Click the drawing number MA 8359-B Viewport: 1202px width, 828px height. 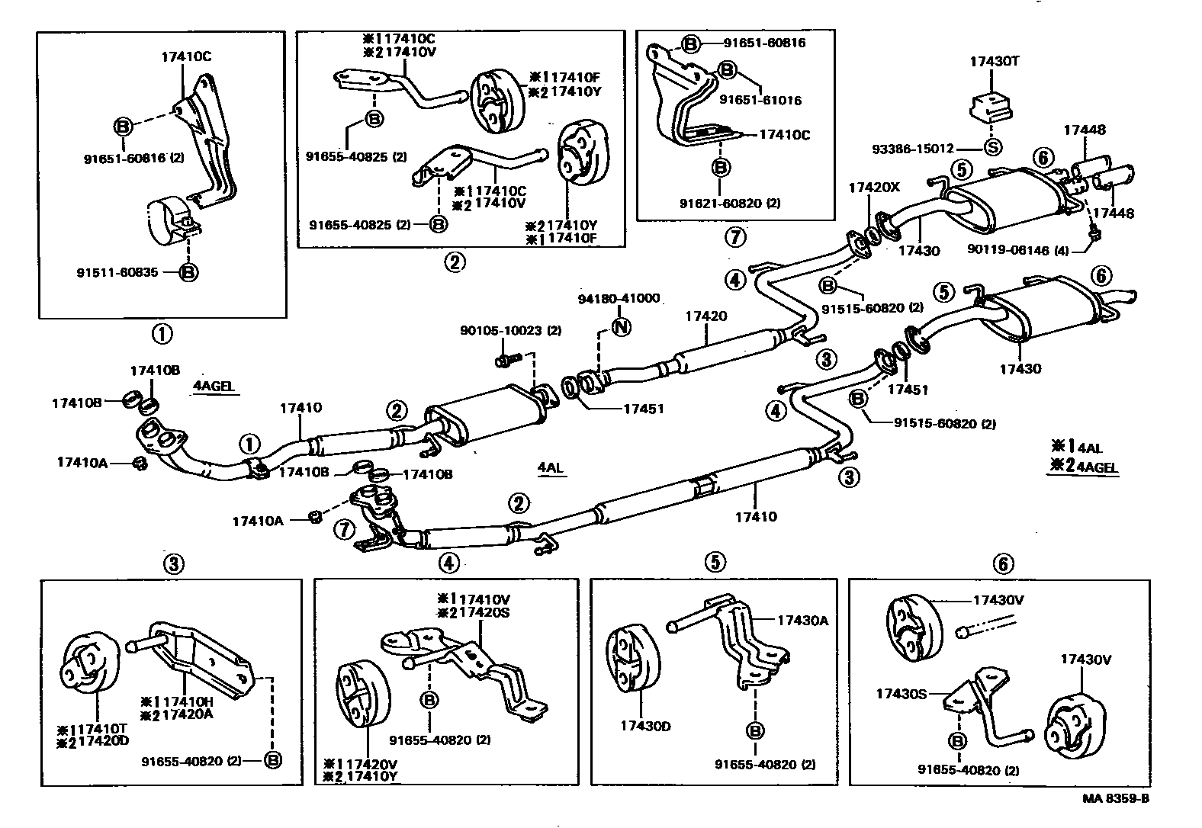point(1115,799)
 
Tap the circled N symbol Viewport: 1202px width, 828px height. point(622,328)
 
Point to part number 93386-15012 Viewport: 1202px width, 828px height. point(914,149)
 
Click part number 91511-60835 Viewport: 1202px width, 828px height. point(117,272)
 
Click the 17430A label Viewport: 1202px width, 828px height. point(802,621)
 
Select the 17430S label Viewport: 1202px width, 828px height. point(901,693)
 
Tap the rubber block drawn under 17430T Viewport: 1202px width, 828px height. point(988,104)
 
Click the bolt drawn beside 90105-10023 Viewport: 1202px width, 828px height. point(506,356)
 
